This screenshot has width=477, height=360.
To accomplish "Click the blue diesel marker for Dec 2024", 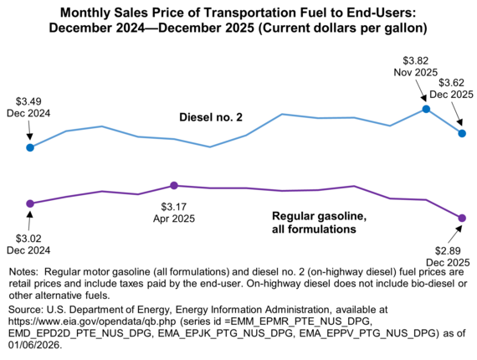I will [x=30, y=147].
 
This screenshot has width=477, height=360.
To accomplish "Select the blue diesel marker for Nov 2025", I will [x=426, y=109].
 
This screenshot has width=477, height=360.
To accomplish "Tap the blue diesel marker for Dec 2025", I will [x=462, y=133].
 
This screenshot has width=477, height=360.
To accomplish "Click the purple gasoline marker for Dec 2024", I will [x=30, y=203].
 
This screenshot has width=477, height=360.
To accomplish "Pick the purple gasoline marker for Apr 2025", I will [x=173, y=185].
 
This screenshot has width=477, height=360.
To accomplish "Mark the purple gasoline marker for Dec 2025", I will [x=462, y=219].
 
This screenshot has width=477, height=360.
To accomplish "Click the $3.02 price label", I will [x=29, y=237].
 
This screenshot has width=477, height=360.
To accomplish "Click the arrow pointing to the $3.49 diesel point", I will [x=29, y=131].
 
